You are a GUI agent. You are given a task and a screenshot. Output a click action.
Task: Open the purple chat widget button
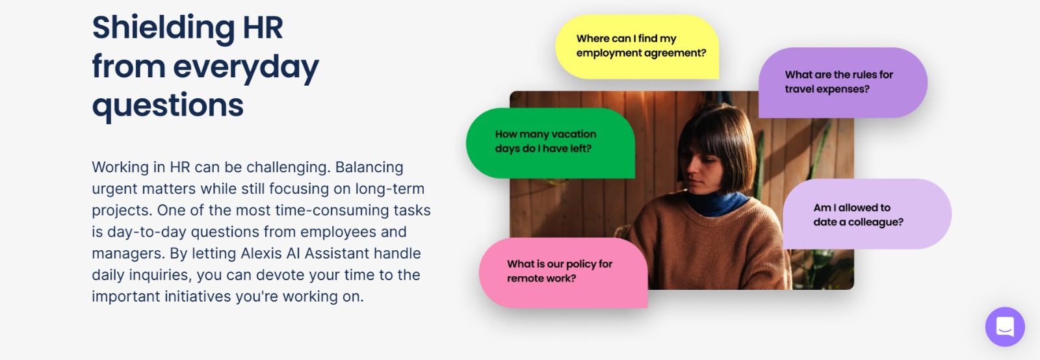(x=1005, y=327)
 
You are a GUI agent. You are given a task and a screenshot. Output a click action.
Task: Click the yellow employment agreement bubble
(x=637, y=46)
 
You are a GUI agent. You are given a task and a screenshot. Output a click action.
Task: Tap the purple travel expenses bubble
(x=842, y=83)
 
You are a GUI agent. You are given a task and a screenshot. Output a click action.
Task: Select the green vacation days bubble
(x=550, y=143)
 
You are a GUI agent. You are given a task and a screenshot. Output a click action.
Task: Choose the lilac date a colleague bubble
(x=867, y=214)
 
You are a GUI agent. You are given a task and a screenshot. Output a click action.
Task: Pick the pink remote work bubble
(x=563, y=273)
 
